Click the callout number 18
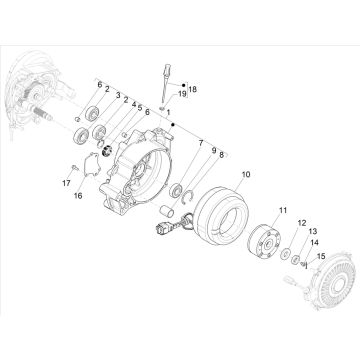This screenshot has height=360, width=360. [193, 90]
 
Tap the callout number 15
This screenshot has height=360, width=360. [320, 255]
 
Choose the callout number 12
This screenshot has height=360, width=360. [302, 224]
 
